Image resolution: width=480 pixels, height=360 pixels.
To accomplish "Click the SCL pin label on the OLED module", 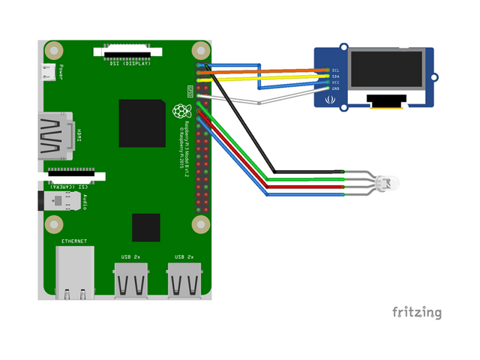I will (336, 70).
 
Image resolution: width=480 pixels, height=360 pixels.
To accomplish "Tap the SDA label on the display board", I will (336, 76).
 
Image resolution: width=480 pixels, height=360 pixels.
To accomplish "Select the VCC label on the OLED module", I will (336, 82).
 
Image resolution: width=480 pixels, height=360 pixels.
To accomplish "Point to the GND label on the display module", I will (336, 88).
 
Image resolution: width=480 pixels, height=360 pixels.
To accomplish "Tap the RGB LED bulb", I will (388, 182).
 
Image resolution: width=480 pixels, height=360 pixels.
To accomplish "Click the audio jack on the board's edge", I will (52, 201).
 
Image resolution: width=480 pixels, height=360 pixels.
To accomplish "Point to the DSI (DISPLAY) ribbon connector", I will (127, 52).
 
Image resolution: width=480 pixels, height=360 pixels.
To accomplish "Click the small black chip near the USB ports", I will (146, 228).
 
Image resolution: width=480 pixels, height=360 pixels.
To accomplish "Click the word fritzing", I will (416, 311).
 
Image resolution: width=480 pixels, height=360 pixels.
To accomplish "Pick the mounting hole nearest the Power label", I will (53, 50).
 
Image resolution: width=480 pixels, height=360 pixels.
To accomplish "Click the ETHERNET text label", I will (74, 241).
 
